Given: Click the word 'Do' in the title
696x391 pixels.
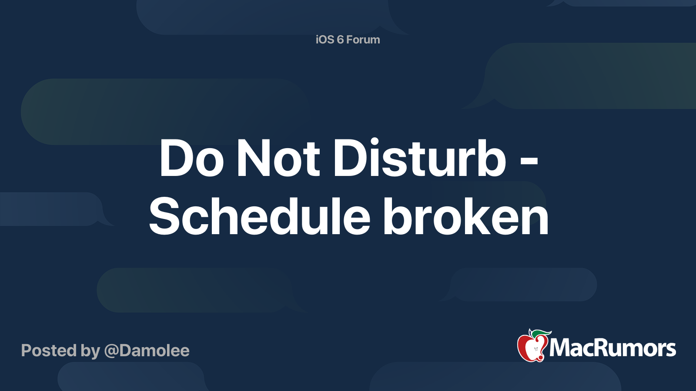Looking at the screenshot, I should pos(191,159).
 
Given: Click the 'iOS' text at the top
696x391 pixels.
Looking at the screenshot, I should pos(325,40).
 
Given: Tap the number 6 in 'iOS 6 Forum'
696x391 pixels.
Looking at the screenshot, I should pos(340,40).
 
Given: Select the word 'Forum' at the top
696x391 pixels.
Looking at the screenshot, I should pos(363,40).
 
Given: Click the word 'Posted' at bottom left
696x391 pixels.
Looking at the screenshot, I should pos(49,351).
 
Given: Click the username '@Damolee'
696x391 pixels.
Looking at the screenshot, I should pos(147,351).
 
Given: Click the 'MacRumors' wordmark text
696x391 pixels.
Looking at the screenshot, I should pos(612,348).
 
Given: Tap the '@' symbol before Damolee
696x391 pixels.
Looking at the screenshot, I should pos(111,351).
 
